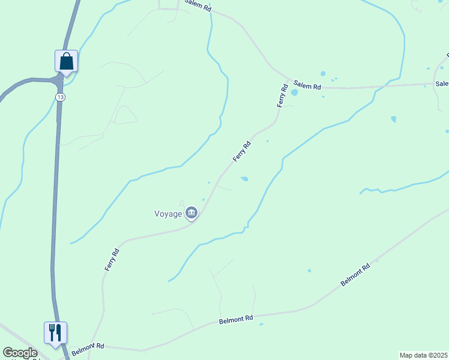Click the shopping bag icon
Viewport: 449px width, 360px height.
(x=66, y=61)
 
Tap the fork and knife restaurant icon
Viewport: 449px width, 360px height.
(x=55, y=333)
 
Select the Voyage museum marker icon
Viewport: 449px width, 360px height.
(x=191, y=212)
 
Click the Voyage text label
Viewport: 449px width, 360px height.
(x=168, y=214)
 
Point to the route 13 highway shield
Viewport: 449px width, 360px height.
(x=59, y=97)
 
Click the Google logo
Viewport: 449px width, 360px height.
(x=20, y=353)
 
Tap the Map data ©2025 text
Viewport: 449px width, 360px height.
(x=423, y=355)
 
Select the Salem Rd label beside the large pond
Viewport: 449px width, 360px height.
(x=307, y=86)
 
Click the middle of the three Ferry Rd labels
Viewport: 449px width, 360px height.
(x=242, y=151)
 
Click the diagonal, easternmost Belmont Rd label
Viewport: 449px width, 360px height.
(x=355, y=274)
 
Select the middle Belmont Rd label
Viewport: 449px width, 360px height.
(x=237, y=319)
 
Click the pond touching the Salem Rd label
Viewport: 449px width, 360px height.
(x=294, y=93)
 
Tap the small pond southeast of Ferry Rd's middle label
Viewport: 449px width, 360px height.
(x=244, y=178)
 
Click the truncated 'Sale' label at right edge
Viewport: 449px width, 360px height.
(x=442, y=84)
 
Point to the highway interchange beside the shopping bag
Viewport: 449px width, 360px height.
(x=58, y=79)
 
